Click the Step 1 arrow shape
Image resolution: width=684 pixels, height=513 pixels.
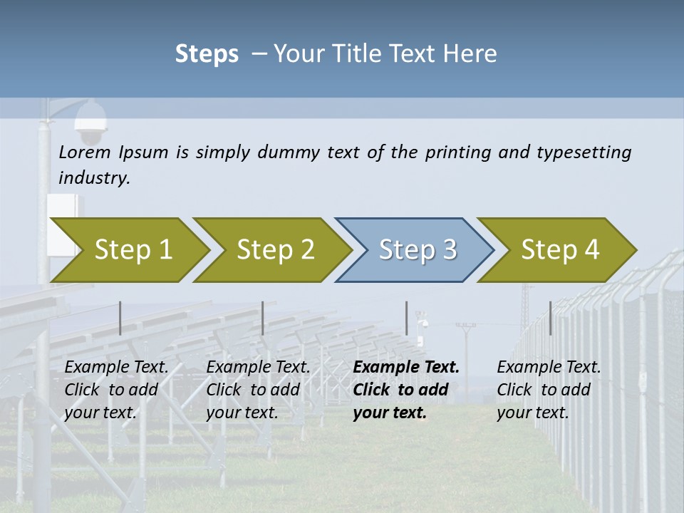[x=133, y=250]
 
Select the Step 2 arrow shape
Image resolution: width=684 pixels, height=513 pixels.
[x=275, y=250]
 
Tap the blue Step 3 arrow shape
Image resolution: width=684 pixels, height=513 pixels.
[x=417, y=250]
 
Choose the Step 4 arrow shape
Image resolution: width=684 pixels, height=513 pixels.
[x=559, y=250]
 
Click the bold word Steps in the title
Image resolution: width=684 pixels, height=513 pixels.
[x=207, y=54]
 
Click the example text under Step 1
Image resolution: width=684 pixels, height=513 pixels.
[x=116, y=390]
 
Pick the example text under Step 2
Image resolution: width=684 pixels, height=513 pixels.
[x=258, y=390]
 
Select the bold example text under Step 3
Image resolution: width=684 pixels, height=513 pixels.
[x=405, y=390]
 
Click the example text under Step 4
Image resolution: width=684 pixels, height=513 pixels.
[x=549, y=390]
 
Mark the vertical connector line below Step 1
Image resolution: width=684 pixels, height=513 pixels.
[x=120, y=318]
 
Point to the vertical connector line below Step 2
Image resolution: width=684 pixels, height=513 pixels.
[x=263, y=318]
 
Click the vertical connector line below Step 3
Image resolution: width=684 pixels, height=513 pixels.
[x=406, y=318]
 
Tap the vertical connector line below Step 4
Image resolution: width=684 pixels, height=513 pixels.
[x=550, y=318]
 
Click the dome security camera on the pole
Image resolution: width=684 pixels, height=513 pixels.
[x=90, y=123]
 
